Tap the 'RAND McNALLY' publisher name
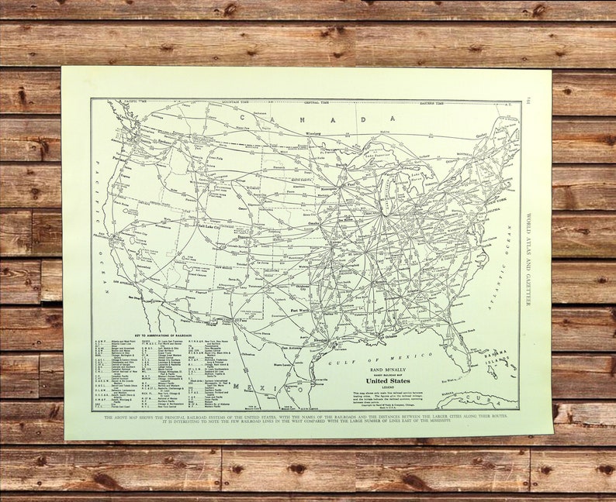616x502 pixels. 386,369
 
